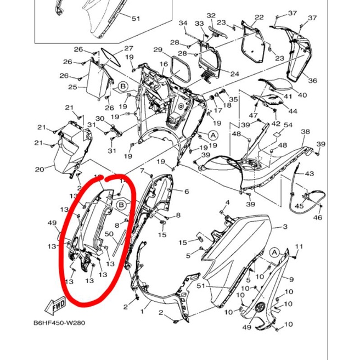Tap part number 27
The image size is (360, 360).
[128, 49]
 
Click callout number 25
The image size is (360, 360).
[72, 87]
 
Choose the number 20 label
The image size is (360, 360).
[40, 169]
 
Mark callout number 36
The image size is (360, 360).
[313, 81]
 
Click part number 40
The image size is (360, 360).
[302, 95]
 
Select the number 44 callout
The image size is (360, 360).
[292, 111]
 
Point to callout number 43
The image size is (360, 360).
[310, 174]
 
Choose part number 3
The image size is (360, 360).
[285, 227]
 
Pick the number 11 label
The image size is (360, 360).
[299, 246]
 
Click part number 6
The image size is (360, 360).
[186, 192]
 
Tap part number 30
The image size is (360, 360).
[100, 119]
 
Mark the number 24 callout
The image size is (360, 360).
[234, 74]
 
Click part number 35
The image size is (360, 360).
[233, 99]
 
